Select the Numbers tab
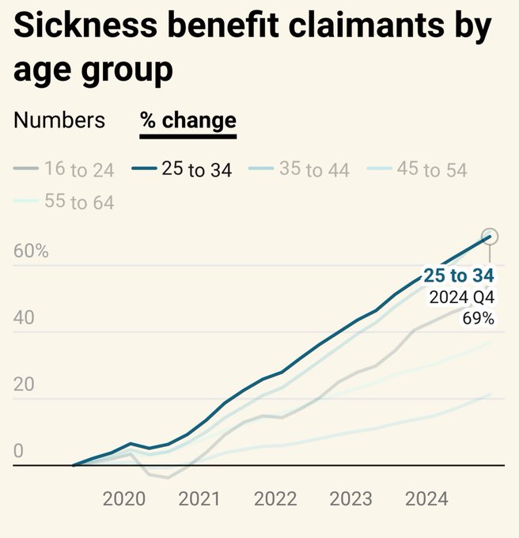(x=59, y=120)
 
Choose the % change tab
(x=188, y=120)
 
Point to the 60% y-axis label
(x=32, y=252)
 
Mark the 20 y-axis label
(x=25, y=385)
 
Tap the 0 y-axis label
(x=18, y=451)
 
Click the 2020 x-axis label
(x=124, y=499)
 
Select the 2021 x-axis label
(x=199, y=499)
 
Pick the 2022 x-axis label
(x=275, y=499)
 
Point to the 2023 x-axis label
(x=350, y=499)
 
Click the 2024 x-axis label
(x=426, y=499)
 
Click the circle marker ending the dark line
(x=490, y=237)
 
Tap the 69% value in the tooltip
(x=479, y=318)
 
